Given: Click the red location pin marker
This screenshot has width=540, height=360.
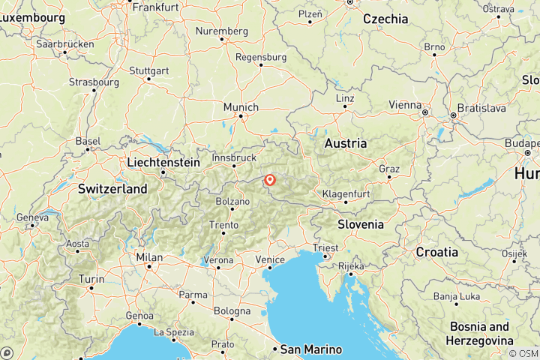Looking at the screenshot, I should (269, 180).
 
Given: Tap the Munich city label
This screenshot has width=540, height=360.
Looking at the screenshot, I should (240, 106).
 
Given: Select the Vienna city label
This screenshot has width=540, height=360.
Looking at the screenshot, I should (405, 105).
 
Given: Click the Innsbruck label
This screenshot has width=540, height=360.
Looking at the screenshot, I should (235, 158).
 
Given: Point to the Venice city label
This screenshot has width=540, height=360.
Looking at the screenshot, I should (270, 259).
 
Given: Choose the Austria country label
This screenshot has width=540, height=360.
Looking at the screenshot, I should (345, 142).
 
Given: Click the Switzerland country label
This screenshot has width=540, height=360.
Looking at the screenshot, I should (112, 189).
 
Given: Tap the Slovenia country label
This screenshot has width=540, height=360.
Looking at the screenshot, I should (361, 224).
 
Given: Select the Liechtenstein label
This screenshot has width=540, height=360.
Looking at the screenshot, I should (164, 162).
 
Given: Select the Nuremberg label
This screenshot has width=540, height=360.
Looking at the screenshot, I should (221, 31).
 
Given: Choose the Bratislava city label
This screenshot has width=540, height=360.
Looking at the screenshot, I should (481, 108).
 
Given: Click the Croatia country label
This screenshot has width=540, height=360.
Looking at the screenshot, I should (436, 252).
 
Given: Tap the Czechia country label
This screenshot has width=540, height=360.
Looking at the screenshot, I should (385, 19).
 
